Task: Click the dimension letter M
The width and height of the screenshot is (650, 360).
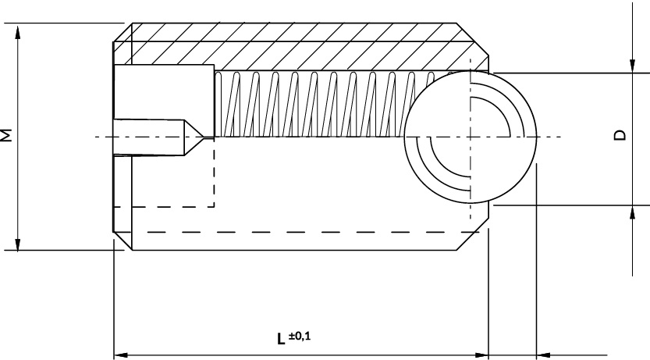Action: click(6, 136)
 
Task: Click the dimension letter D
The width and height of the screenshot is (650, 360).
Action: click(620, 135)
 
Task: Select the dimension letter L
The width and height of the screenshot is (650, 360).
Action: click(281, 339)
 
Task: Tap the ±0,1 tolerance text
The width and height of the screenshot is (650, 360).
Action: click(300, 336)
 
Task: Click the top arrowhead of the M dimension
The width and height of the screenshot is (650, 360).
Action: click(17, 31)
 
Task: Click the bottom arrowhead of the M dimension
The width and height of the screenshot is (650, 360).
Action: click(17, 243)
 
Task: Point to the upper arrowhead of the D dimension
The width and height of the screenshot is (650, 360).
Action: click(632, 66)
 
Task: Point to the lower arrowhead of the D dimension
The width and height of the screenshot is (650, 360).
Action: click(632, 212)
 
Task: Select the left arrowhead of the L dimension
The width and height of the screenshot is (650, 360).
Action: click(121, 355)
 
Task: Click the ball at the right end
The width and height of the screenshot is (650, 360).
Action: click(471, 137)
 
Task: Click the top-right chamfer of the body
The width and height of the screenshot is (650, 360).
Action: click(473, 39)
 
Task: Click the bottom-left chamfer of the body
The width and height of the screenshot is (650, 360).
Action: click(123, 241)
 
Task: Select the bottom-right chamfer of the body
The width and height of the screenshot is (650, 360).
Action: click(473, 234)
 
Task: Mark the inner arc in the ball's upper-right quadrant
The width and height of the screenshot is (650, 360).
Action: click(501, 107)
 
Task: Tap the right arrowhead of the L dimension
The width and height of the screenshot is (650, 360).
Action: click(481, 355)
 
